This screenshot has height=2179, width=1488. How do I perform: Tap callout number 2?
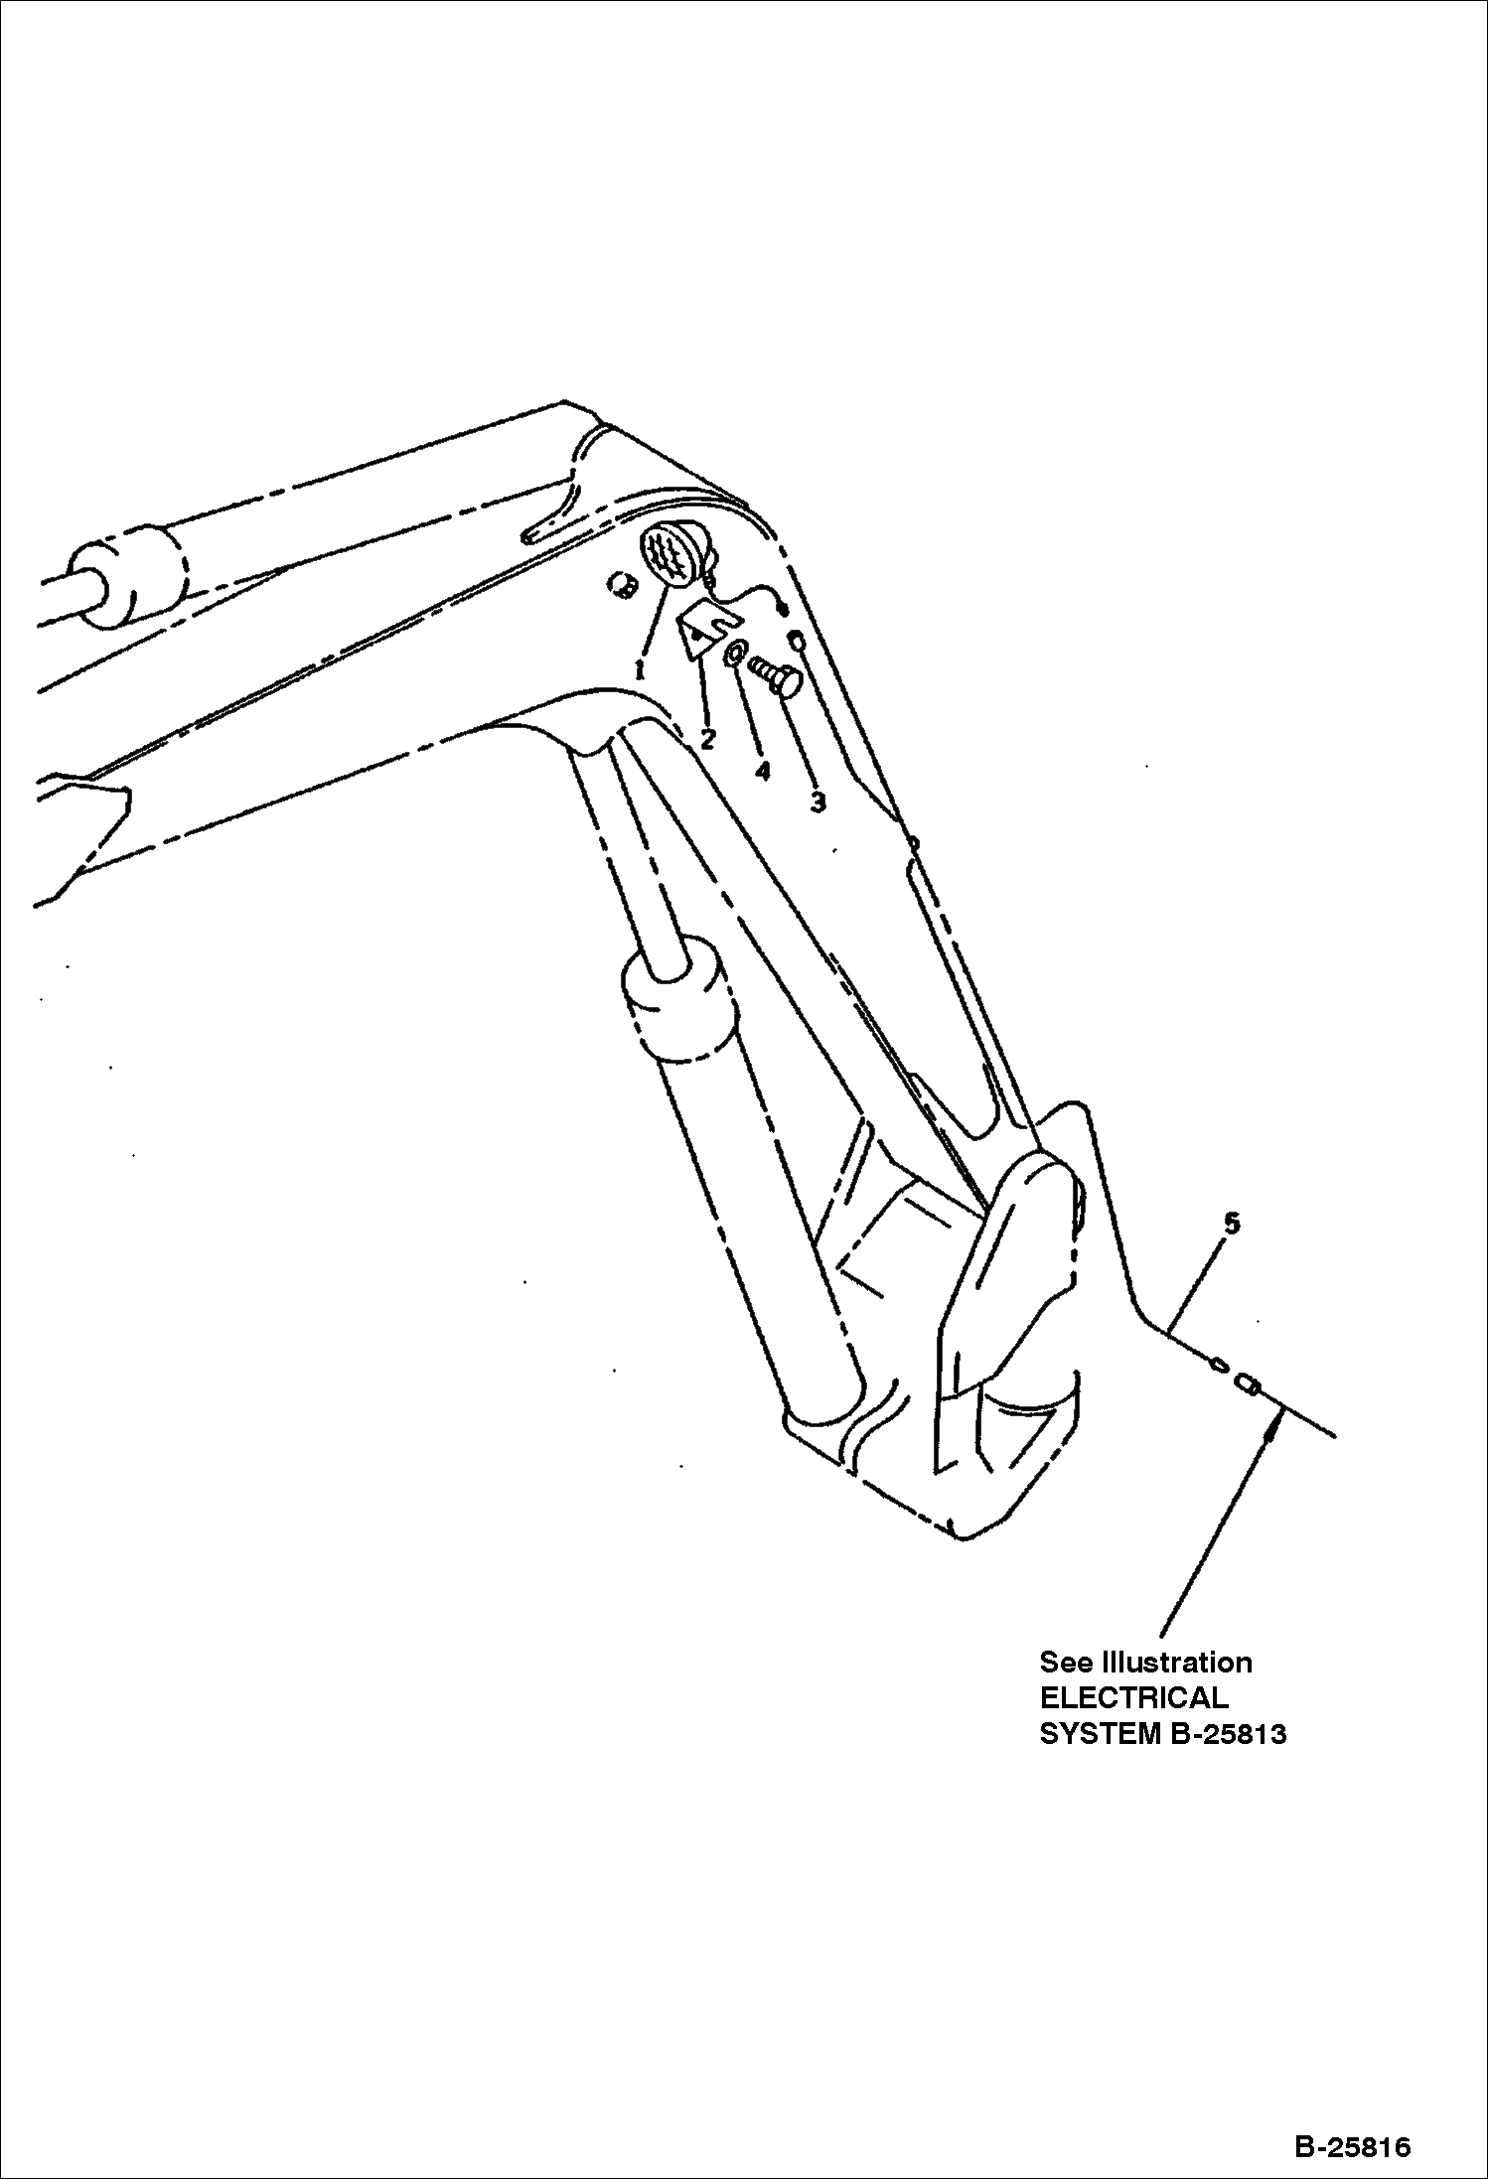(x=707, y=740)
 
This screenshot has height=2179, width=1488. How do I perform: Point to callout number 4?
(x=762, y=771)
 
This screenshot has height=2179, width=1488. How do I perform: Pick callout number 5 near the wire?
(x=1232, y=1224)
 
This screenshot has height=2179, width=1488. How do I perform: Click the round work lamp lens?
(x=669, y=553)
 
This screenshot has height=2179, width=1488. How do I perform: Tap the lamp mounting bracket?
(x=709, y=632)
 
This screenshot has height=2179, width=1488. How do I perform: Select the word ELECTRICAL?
(x=1133, y=1697)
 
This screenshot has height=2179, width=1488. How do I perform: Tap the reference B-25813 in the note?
(x=1223, y=1734)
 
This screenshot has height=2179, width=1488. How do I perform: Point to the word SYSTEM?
(x=1095, y=1734)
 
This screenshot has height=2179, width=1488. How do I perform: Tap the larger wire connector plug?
(x=1248, y=1383)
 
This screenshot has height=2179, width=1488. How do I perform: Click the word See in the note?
(x=1066, y=1663)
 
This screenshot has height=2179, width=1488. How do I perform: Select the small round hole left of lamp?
(x=622, y=586)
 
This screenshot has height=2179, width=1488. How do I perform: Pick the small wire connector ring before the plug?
(x=1215, y=1364)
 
